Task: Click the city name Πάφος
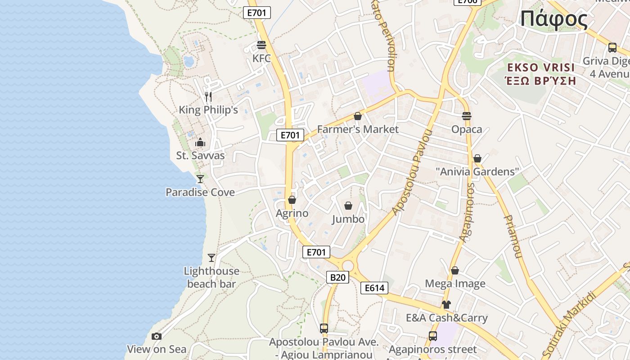(554, 19)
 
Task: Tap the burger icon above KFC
(261, 45)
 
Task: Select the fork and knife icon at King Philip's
(208, 96)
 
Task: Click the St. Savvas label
(200, 156)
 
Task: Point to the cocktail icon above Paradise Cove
(200, 179)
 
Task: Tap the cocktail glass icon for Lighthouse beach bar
(211, 258)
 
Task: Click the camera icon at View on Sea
(157, 336)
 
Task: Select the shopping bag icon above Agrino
(292, 200)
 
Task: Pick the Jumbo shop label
(348, 219)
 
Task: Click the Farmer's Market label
(358, 129)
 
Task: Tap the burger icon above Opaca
(467, 116)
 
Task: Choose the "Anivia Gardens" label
(477, 171)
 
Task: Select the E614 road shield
(374, 288)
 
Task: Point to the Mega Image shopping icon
(455, 270)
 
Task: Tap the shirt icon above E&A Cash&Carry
(446, 305)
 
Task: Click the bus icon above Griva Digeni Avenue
(612, 48)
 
